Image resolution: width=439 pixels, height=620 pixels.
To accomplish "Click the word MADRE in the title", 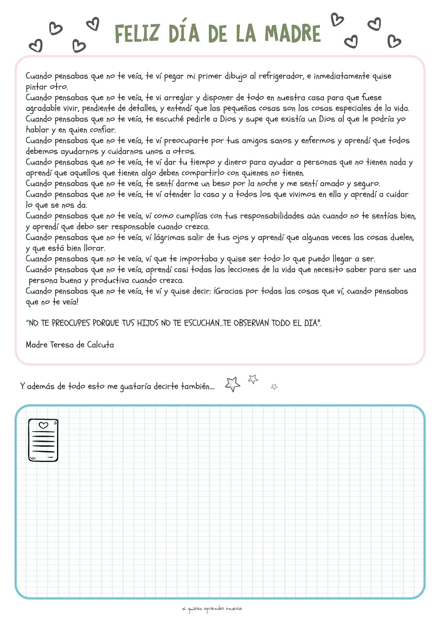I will (x=293, y=33).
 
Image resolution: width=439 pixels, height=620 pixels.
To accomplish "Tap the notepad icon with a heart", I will (x=43, y=440).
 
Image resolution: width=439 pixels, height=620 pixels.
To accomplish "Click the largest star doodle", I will (x=233, y=384).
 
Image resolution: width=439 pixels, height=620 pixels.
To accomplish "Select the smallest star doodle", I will (x=274, y=387).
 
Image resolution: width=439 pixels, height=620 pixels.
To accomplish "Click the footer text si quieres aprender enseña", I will (x=212, y=609).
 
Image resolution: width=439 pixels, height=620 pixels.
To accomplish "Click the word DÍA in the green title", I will (x=184, y=33).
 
